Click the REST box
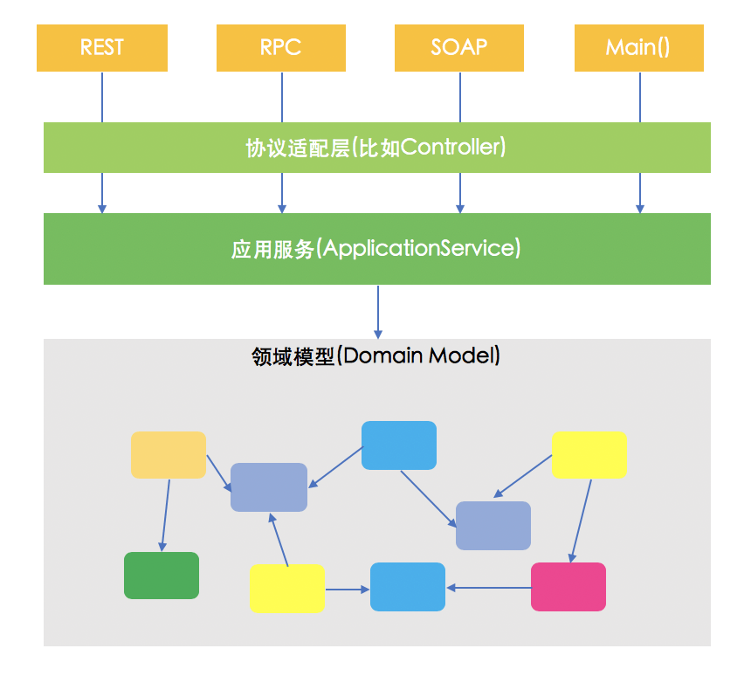pyautogui.click(x=102, y=47)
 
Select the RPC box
pyautogui.click(x=281, y=47)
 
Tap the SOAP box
pyautogui.click(x=459, y=47)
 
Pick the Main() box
pyautogui.click(x=638, y=47)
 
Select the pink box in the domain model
pyautogui.click(x=568, y=587)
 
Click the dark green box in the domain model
pyautogui.click(x=161, y=576)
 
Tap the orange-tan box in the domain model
pyautogui.click(x=169, y=455)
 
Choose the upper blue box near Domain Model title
pyautogui.click(x=398, y=445)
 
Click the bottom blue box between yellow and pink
pyautogui.click(x=407, y=587)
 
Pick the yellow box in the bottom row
pyautogui.click(x=286, y=588)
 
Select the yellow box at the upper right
pyautogui.click(x=589, y=454)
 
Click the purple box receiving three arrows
pyautogui.click(x=269, y=487)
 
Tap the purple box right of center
pyautogui.click(x=493, y=526)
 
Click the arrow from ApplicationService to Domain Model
pyautogui.click(x=378, y=311)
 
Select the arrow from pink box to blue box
pyautogui.click(x=489, y=587)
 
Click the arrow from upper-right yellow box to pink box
pyautogui.click(x=582, y=520)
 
